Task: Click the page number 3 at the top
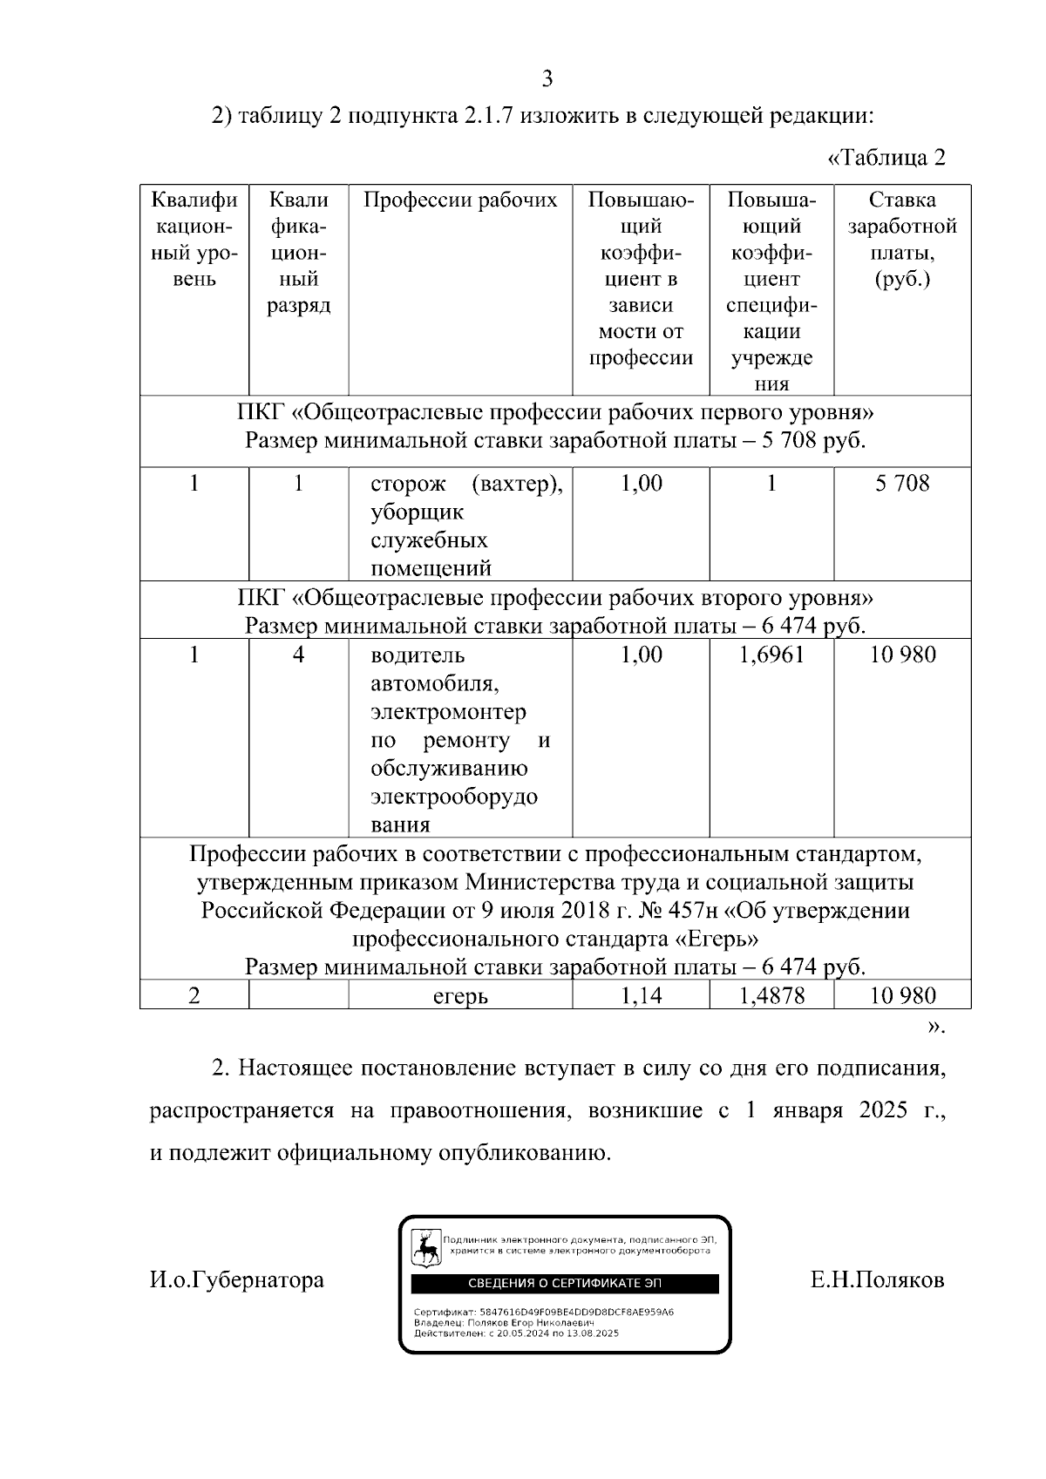click(x=547, y=79)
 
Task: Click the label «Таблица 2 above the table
click(x=886, y=158)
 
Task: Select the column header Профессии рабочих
click(x=459, y=200)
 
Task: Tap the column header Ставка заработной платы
click(x=902, y=239)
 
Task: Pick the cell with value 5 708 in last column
click(x=902, y=483)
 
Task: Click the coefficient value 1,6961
click(x=771, y=655)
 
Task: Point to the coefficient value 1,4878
click(x=771, y=995)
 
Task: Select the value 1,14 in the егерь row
click(x=641, y=995)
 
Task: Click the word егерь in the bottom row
click(x=460, y=996)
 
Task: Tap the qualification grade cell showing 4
click(x=298, y=655)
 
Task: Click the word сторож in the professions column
click(x=407, y=483)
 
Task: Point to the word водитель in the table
click(x=418, y=655)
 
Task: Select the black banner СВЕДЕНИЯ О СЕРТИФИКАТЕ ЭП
click(x=565, y=1284)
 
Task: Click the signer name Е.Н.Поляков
click(x=877, y=1280)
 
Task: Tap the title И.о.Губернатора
click(x=236, y=1280)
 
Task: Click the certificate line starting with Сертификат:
click(x=544, y=1312)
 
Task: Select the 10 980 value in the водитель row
click(x=902, y=655)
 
